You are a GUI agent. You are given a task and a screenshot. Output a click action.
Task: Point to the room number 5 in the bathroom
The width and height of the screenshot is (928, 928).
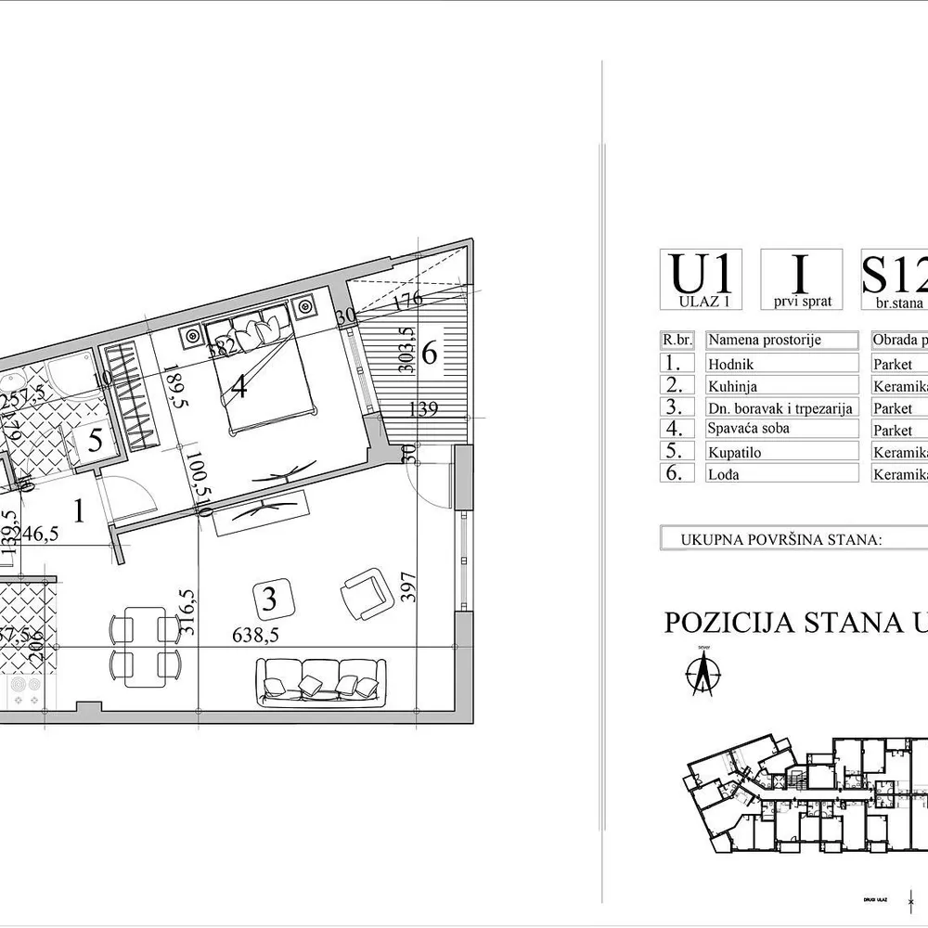[95, 441]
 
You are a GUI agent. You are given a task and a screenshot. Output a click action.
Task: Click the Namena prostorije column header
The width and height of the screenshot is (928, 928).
[764, 341]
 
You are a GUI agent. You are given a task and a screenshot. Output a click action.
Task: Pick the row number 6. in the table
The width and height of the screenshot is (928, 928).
[679, 473]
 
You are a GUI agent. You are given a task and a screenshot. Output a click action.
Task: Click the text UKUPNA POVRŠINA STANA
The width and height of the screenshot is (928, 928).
[780, 538]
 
